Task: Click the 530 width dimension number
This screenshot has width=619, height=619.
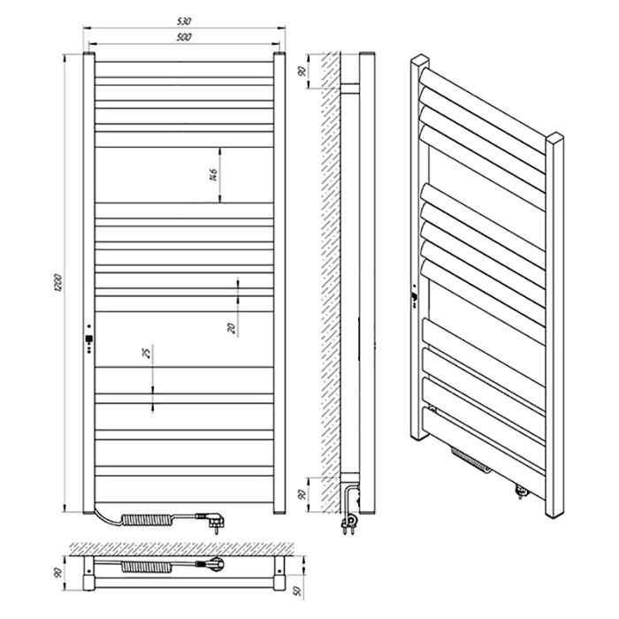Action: [184, 21]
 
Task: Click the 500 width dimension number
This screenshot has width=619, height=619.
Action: [184, 37]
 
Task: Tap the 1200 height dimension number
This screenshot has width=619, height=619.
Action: [58, 283]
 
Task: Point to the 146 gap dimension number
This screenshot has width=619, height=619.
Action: [213, 175]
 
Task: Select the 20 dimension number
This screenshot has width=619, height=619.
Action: [232, 328]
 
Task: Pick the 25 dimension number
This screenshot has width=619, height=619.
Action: [147, 353]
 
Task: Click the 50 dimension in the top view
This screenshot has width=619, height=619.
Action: [298, 591]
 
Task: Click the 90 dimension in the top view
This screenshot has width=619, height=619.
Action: [58, 572]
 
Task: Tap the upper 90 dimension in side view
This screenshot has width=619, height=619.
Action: [302, 72]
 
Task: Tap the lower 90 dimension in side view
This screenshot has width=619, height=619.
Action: [302, 494]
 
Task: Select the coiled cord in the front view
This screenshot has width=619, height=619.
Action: [147, 520]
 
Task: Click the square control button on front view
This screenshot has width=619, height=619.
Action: [89, 339]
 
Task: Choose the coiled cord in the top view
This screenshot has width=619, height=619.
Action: [146, 567]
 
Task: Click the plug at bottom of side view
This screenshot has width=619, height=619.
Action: [351, 522]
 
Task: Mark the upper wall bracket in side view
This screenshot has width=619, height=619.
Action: [350, 88]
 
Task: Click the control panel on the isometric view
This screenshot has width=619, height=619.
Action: [415, 296]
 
